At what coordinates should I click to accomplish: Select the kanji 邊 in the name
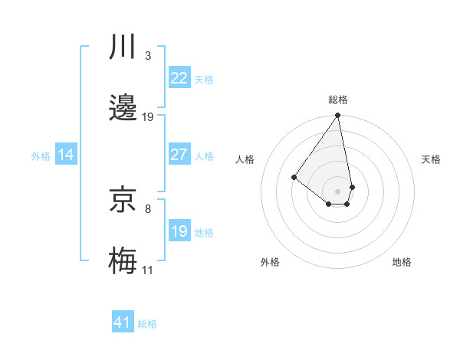pos(123,108)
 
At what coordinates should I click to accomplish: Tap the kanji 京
pos(123,200)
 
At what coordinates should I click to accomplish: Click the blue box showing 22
pos(179,77)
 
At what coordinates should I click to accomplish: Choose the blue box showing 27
pos(179,155)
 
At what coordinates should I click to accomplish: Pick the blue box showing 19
pos(179,231)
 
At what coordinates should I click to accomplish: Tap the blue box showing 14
pos(66,155)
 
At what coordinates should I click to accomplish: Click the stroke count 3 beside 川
pos(147,55)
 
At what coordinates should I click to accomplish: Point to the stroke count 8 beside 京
pos(147,208)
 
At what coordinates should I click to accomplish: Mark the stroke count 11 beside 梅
pos(147,270)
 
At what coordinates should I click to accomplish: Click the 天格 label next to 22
pos(204,79)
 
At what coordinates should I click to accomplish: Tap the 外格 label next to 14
pos(41,156)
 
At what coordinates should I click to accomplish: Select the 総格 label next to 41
pos(147,324)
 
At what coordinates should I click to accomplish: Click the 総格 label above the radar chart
pos(338,100)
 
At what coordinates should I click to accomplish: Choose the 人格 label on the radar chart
pos(245,159)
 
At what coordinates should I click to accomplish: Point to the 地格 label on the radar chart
pos(402,262)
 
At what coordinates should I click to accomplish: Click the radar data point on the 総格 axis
pos(337,116)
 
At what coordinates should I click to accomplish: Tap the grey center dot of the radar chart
pos(337,191)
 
